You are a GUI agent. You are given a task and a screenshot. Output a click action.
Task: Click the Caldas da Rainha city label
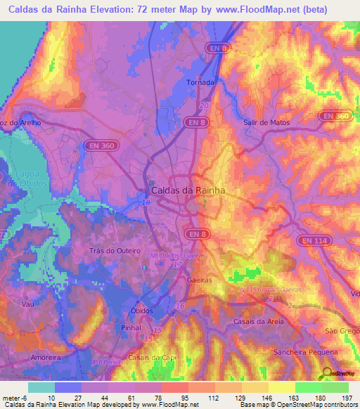click(x=188, y=190)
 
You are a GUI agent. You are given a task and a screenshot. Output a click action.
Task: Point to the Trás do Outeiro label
click(x=116, y=251)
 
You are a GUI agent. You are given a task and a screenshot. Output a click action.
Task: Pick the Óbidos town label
click(x=142, y=311)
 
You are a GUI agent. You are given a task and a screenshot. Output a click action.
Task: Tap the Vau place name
click(x=28, y=304)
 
